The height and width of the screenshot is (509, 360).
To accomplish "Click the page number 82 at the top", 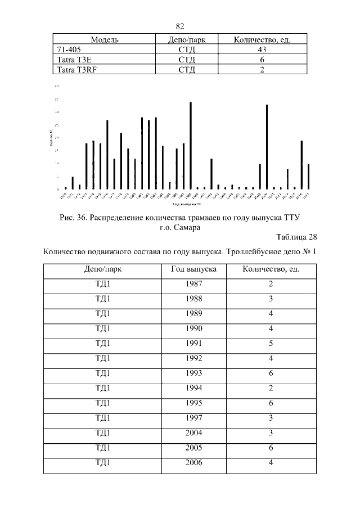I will click(180, 26).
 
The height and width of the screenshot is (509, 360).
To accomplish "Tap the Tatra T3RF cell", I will click(74, 70).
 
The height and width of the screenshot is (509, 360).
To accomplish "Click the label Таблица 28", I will click(296, 238).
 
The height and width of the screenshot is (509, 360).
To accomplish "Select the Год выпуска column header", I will click(193, 269).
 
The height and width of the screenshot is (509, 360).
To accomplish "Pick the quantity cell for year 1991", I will click(271, 343).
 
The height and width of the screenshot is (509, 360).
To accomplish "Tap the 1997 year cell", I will click(193, 417).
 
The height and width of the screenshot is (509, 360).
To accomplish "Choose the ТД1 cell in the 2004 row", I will click(103, 433).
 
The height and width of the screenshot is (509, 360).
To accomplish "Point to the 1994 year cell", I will click(193, 388).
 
